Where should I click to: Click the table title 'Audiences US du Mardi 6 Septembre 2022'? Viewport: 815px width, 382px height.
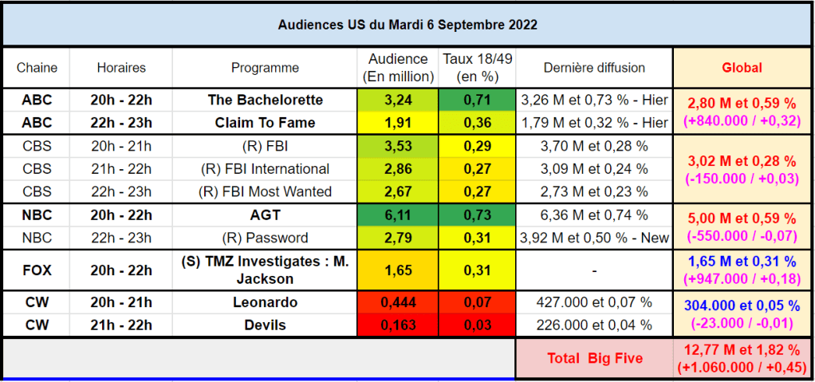pos(407,25)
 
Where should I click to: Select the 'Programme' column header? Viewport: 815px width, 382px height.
pos(265,68)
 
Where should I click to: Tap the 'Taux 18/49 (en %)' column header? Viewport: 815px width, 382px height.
pos(477,68)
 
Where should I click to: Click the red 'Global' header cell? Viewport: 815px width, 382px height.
pos(742,68)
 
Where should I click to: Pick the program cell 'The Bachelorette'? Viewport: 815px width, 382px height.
pos(265,100)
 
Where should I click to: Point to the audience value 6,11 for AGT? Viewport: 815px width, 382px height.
pos(398,215)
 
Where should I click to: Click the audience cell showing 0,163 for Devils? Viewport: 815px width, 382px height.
pos(398,325)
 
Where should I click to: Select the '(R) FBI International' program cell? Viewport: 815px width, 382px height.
pos(265,169)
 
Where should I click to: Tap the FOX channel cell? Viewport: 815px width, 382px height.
pos(37,270)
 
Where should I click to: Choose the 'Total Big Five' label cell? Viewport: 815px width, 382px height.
pos(595,358)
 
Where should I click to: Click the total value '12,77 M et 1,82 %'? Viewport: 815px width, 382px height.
pos(742,349)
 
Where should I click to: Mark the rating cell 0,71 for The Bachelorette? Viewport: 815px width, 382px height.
pos(477,100)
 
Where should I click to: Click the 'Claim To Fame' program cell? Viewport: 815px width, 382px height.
pos(265,123)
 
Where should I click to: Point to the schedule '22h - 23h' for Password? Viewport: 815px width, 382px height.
pos(121,238)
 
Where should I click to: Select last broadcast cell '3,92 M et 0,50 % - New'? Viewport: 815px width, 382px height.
pos(595,238)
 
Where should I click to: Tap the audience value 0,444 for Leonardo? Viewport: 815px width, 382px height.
pos(398,302)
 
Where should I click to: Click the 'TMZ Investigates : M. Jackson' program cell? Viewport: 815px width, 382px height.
pos(265,271)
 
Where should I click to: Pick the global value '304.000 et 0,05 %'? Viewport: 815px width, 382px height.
pos(742,305)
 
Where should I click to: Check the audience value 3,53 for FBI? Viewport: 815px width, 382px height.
pos(398,146)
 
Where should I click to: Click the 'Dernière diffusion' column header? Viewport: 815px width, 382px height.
pos(595,68)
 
